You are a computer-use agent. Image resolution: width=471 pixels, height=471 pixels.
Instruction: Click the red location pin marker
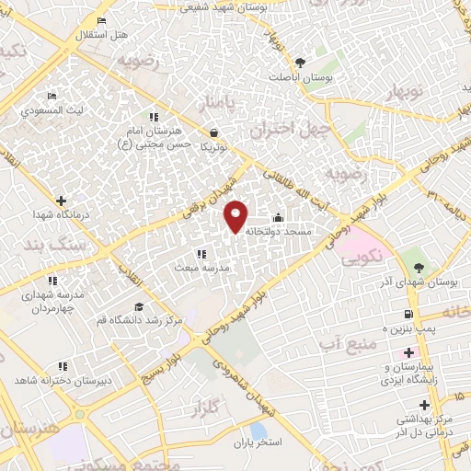pyautogui.click(x=236, y=215)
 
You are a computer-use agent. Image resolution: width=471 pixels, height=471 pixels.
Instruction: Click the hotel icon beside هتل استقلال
pyautogui.click(x=100, y=20)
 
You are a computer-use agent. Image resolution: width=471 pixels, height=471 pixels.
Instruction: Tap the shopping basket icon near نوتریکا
pyautogui.click(x=214, y=132)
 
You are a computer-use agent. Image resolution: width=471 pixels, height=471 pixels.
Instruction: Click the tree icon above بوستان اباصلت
pyautogui.click(x=301, y=63)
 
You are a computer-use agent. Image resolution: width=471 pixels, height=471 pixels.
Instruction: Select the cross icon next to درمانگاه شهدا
pyautogui.click(x=61, y=201)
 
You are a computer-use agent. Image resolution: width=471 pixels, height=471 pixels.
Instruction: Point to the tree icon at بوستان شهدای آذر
pyautogui.click(x=419, y=268)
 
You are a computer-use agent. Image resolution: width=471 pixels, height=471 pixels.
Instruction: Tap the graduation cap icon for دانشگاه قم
pyautogui.click(x=139, y=307)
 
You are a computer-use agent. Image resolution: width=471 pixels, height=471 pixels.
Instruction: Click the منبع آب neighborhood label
pyautogui.click(x=341, y=343)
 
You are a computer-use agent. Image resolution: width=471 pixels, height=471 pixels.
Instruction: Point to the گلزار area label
pyautogui.click(x=215, y=406)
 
